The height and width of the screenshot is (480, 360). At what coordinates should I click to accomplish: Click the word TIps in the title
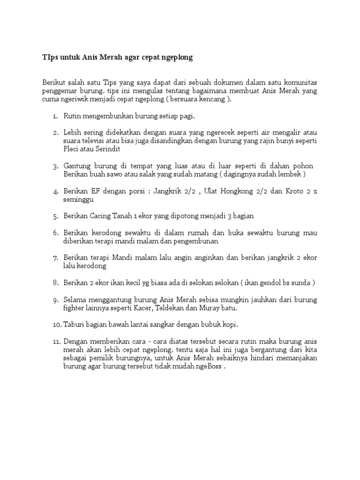point(49,58)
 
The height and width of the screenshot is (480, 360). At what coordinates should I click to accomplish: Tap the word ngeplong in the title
point(175,58)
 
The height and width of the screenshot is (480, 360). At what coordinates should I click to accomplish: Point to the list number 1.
point(55,116)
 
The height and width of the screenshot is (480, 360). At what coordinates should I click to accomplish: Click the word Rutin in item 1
point(72,116)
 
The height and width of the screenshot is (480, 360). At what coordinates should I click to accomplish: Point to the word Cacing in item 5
point(100,216)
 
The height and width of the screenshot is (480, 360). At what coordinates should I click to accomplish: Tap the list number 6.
point(55,233)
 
